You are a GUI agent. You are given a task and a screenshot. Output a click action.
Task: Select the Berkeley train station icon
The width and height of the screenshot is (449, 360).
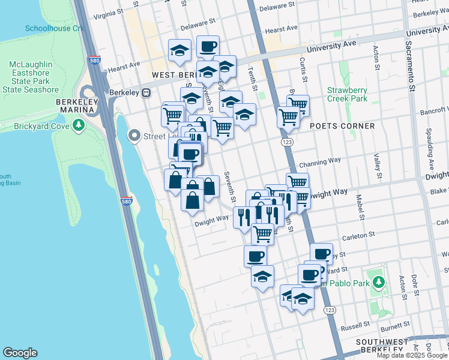[146, 93]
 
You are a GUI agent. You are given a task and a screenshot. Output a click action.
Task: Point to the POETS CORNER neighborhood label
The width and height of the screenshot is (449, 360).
[342, 126]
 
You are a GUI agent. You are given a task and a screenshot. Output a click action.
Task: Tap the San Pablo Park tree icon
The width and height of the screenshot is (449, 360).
[378, 282]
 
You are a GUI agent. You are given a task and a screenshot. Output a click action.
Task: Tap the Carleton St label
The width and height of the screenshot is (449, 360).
[359, 236]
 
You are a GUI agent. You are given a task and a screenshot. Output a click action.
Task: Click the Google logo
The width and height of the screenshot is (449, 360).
[20, 353]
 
